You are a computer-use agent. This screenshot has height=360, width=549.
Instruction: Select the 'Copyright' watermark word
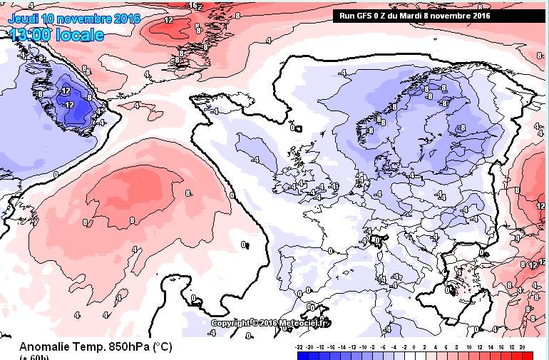click(231, 323)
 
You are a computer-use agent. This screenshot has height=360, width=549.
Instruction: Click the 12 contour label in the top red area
click(168, 20)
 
